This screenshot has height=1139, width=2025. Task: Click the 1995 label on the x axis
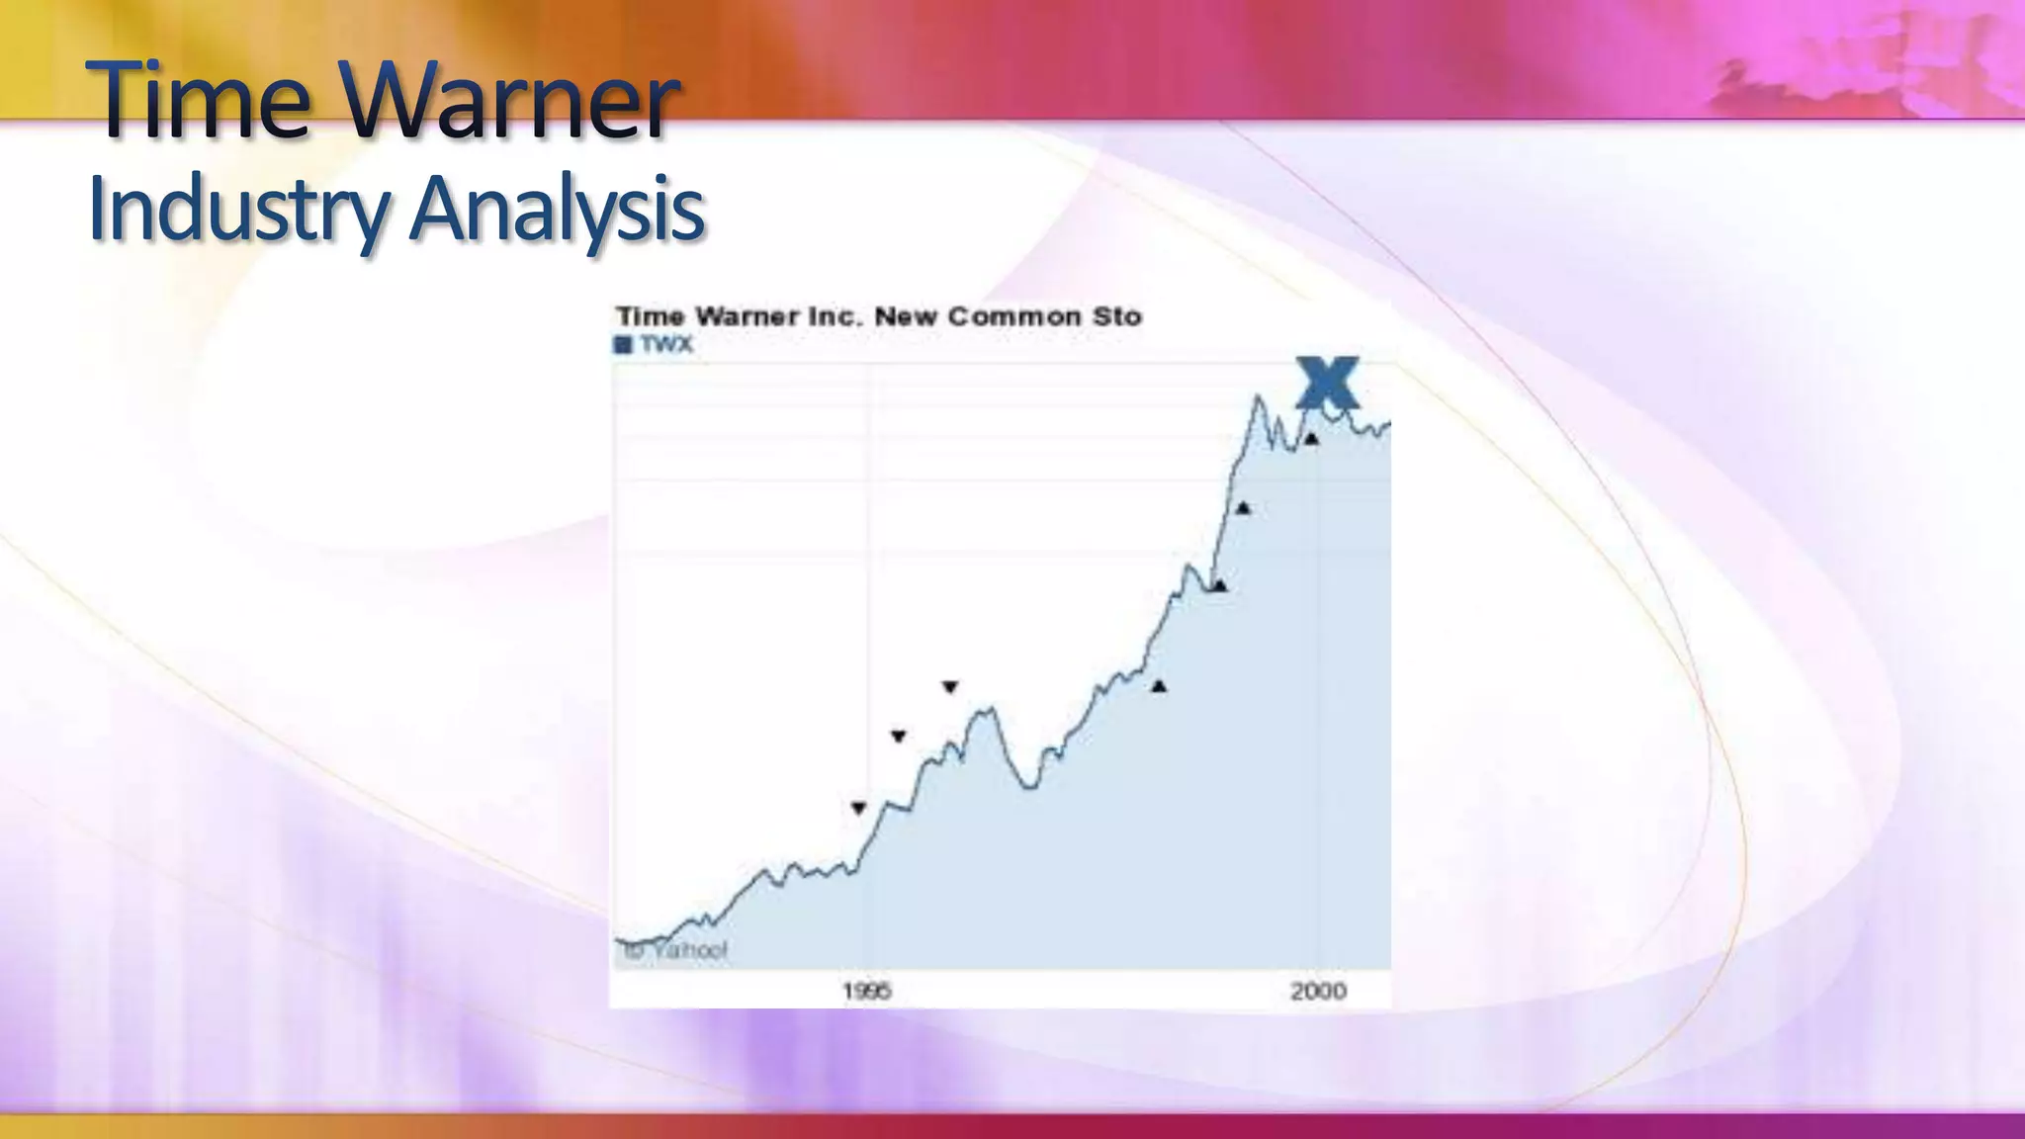(x=866, y=991)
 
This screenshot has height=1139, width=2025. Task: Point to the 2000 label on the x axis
(x=1318, y=991)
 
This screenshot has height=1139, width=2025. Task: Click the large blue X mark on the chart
(x=1327, y=383)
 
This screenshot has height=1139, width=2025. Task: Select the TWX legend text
(x=665, y=345)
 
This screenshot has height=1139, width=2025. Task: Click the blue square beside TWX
(x=623, y=345)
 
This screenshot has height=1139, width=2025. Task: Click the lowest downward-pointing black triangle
(x=858, y=808)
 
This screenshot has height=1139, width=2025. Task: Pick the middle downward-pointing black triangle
(x=898, y=736)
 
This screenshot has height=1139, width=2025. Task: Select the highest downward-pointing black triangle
(x=950, y=686)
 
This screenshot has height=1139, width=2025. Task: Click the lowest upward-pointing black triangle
(x=1159, y=686)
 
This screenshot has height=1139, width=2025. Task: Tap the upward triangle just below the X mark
(x=1311, y=439)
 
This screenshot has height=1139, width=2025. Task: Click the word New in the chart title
(x=906, y=317)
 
